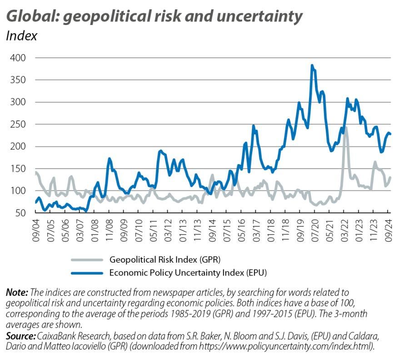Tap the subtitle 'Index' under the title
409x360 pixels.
[x=21, y=36]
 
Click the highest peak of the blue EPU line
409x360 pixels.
[x=312, y=65]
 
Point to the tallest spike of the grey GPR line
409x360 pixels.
[x=346, y=128]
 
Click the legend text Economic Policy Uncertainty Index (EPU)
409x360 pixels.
[x=188, y=273]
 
